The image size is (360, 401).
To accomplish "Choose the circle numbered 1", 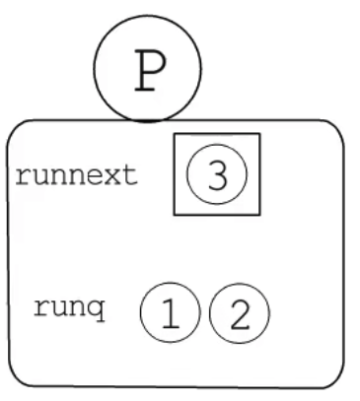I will tap(170, 313).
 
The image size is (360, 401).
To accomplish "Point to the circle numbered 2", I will tap(237, 313).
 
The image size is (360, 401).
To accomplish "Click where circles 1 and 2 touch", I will tap(203, 313).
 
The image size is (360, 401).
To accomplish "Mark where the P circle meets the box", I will tap(146, 121).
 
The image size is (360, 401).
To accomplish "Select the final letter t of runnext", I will tap(132, 176).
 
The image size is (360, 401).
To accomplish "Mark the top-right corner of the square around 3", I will tap(259, 134).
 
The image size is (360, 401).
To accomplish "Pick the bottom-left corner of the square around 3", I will tap(174, 215).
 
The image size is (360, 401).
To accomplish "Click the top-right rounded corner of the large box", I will tap(335, 130).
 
